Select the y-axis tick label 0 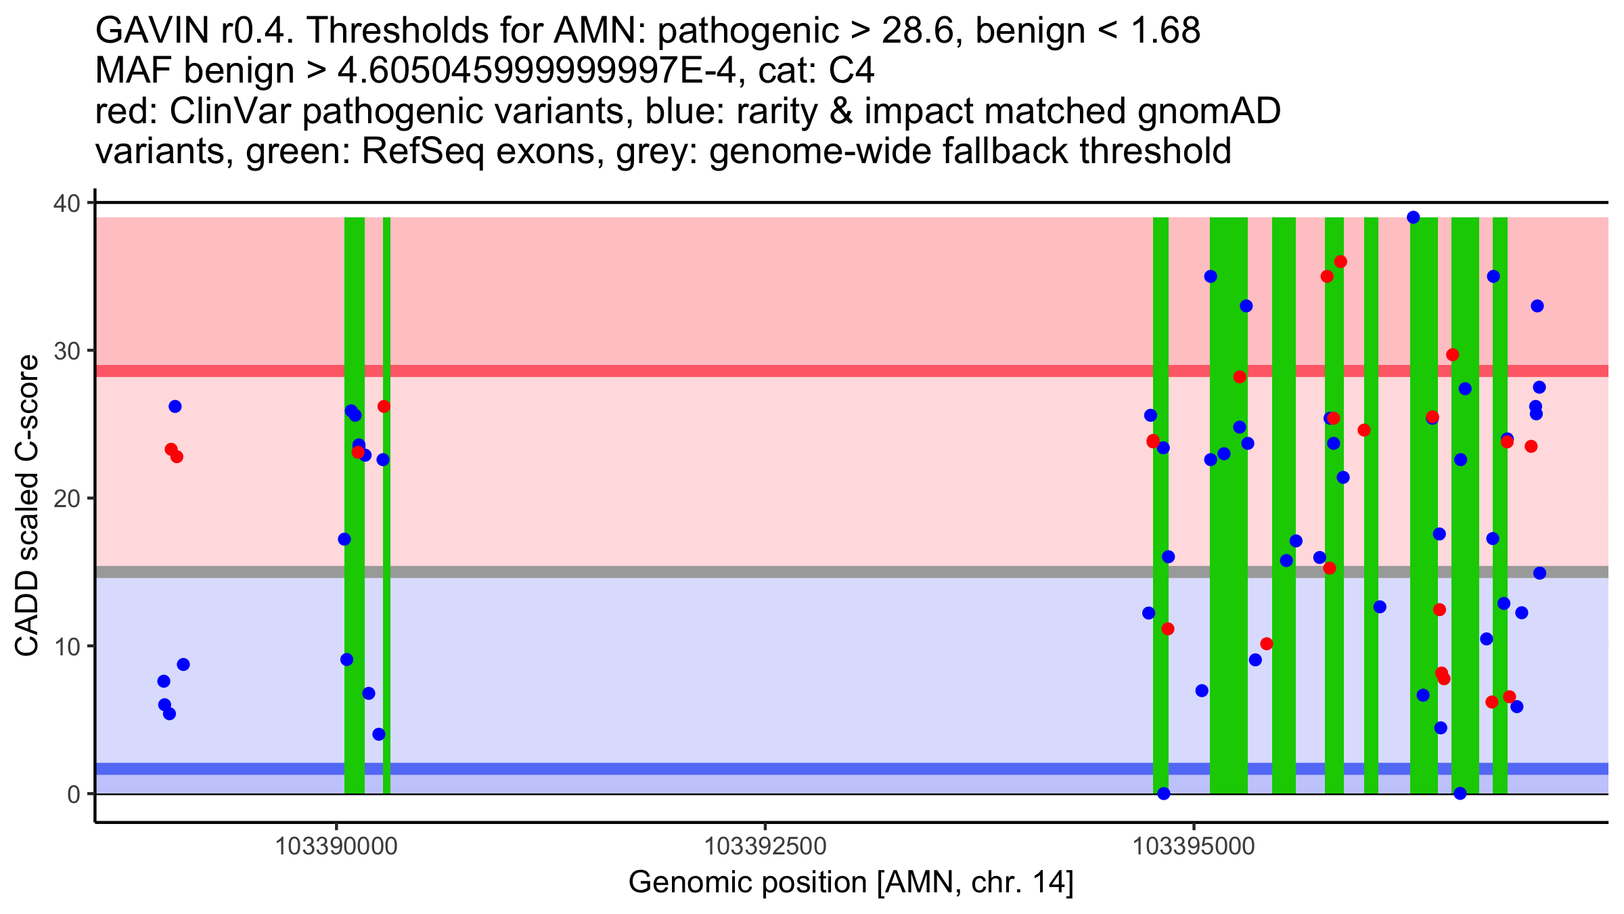73,794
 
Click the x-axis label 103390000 336,846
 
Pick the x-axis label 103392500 765,846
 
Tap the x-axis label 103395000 1194,846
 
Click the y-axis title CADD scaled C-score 27,506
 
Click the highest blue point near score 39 1413,217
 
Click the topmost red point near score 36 1340,262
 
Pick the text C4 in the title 852,71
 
